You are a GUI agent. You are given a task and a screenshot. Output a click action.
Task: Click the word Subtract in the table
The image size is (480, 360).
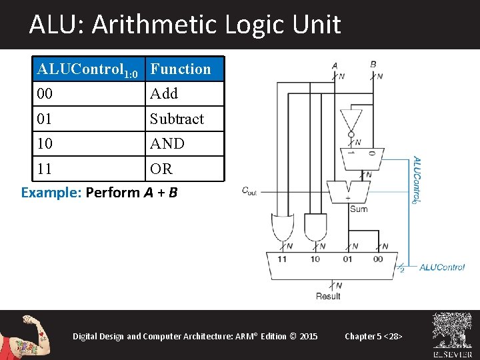pyautogui.click(x=177, y=119)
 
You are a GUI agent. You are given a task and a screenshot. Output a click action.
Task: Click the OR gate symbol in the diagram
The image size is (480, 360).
pyautogui.click(x=280, y=227)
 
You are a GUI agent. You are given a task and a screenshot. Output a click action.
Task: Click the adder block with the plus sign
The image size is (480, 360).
pyautogui.click(x=347, y=191)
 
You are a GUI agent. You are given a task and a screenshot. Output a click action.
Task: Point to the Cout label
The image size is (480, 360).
pyautogui.click(x=249, y=191)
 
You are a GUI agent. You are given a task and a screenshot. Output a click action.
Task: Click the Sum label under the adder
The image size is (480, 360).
pyautogui.click(x=358, y=209)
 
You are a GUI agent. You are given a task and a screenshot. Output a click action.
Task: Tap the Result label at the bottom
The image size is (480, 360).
pyautogui.click(x=328, y=295)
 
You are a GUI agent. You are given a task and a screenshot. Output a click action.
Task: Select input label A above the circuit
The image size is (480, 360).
pyautogui.click(x=334, y=65)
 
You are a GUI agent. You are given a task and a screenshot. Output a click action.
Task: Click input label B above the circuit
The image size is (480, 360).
pyautogui.click(x=373, y=64)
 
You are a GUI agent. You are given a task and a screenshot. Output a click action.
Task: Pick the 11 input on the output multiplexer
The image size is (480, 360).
pyautogui.click(x=282, y=259)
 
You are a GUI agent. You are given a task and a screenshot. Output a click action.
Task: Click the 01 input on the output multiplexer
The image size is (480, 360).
pyautogui.click(x=347, y=259)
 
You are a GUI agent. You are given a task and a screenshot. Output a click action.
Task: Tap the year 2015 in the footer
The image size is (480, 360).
pyautogui.click(x=309, y=336)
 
